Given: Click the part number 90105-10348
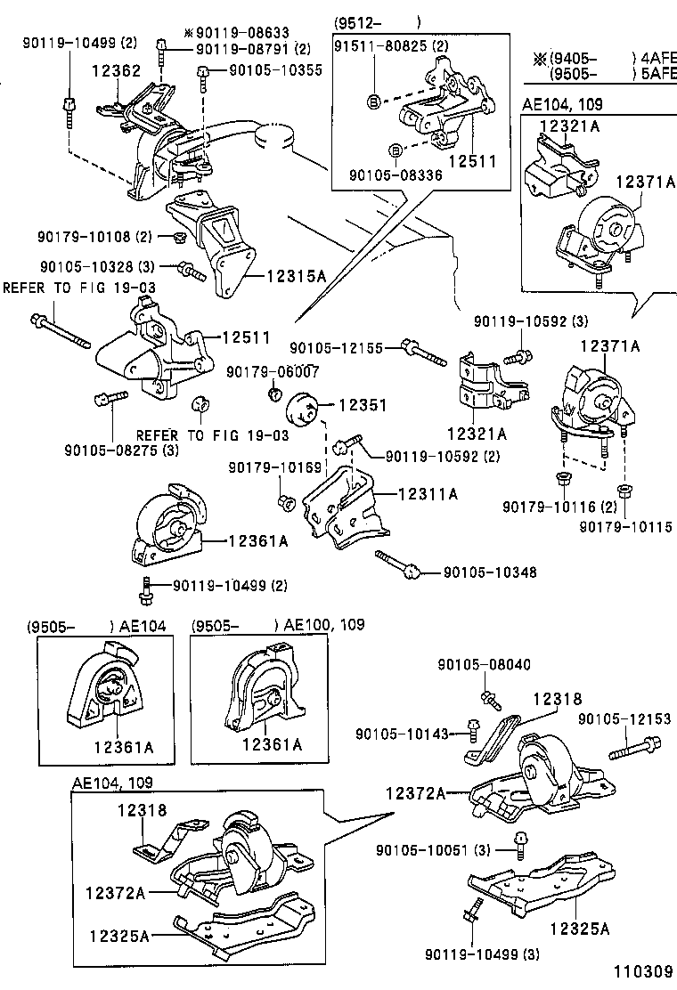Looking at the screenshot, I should click(x=490, y=572).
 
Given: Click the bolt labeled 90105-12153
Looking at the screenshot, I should click(x=633, y=746).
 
